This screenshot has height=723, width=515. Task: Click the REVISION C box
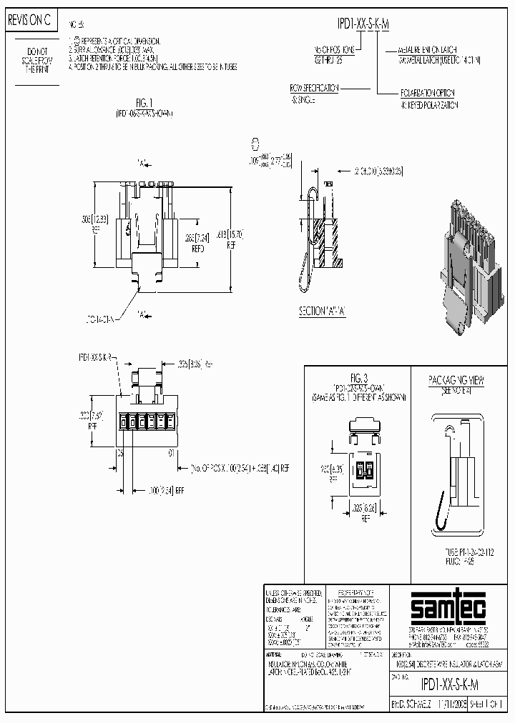coord(29,21)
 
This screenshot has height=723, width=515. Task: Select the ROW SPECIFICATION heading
coord(313,89)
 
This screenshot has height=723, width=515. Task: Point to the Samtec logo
coord(437,609)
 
